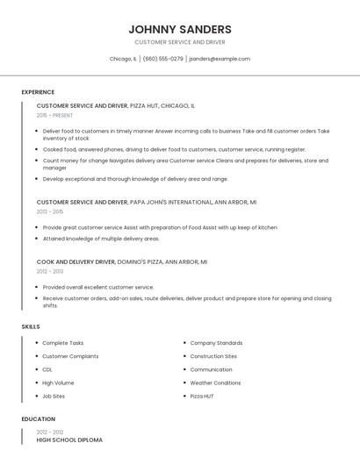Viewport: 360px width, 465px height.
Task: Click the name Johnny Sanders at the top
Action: [x=180, y=29]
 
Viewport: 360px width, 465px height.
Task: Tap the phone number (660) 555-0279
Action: [x=162, y=59]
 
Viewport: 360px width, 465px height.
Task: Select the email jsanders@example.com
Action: [x=220, y=59]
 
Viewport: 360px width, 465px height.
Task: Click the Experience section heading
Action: [x=38, y=92]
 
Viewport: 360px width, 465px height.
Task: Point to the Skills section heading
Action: [x=31, y=326]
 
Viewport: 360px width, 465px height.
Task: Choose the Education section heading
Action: [x=38, y=419]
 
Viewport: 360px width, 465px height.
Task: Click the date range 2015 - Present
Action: [x=54, y=115]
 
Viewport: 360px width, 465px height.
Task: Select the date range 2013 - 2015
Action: [x=50, y=211]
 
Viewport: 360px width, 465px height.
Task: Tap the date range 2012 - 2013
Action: [x=50, y=271]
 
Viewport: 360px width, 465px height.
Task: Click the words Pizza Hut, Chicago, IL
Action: [x=162, y=105]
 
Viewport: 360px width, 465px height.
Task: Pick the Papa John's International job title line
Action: [x=146, y=202]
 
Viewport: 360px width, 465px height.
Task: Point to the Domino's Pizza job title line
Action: [x=121, y=261]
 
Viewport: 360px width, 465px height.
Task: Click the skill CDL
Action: [x=48, y=369]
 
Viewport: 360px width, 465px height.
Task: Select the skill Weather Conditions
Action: [x=215, y=383]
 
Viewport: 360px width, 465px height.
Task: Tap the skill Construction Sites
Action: [x=213, y=356]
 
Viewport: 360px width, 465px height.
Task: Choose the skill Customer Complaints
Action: [x=70, y=356]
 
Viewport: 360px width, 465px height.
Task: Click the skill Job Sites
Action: [x=54, y=396]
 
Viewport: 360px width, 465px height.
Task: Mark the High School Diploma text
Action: [x=69, y=440]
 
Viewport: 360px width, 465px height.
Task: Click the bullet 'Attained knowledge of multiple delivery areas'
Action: [x=101, y=238]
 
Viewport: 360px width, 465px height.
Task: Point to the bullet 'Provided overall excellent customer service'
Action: [x=98, y=287]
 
